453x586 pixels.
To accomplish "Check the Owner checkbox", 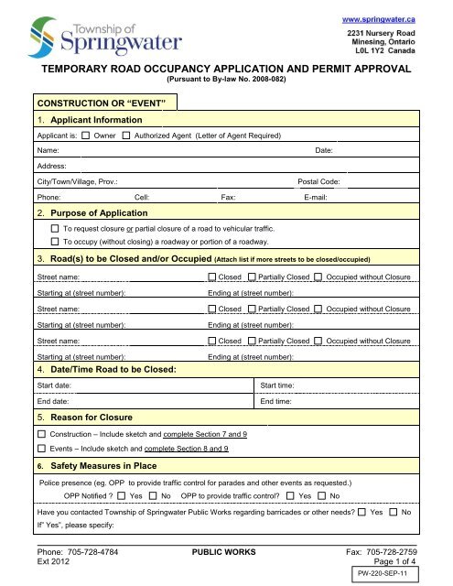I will pos(85,136).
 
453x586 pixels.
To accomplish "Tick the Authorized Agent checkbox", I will pos(126,136).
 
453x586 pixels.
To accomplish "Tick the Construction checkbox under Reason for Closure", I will pos(41,431).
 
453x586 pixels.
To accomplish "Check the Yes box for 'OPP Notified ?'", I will pos(123,495).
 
